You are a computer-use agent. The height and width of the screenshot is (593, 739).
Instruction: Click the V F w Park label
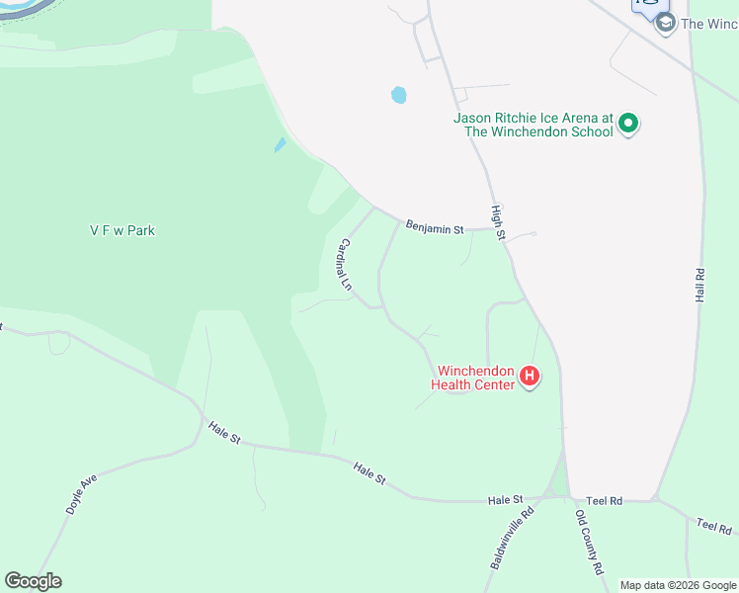[123, 231]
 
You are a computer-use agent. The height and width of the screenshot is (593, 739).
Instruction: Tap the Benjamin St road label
[435, 228]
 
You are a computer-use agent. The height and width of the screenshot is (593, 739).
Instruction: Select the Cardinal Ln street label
[345, 262]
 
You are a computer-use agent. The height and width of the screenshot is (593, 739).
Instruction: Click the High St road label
[498, 222]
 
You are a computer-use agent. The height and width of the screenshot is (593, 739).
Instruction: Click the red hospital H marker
[530, 376]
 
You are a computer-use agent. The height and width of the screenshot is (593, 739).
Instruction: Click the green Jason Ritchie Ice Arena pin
[628, 126]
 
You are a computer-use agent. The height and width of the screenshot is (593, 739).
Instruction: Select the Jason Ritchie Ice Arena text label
[534, 125]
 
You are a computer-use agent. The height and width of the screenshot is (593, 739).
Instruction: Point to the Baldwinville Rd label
[512, 538]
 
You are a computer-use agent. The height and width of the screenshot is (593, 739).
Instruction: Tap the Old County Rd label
[590, 542]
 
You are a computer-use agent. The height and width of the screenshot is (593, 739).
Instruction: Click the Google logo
[33, 581]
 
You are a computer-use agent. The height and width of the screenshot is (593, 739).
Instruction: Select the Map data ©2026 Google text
[677, 585]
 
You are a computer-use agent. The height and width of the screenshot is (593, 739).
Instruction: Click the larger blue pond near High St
[398, 95]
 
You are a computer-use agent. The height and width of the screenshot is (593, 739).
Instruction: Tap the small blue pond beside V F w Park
[280, 145]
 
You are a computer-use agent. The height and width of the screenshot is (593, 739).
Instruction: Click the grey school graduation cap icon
[665, 23]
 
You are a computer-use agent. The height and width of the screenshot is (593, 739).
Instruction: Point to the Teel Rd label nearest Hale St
[604, 502]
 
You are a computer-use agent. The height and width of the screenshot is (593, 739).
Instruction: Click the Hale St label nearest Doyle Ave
[224, 431]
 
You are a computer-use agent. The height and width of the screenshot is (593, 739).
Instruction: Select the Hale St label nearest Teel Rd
[504, 501]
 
